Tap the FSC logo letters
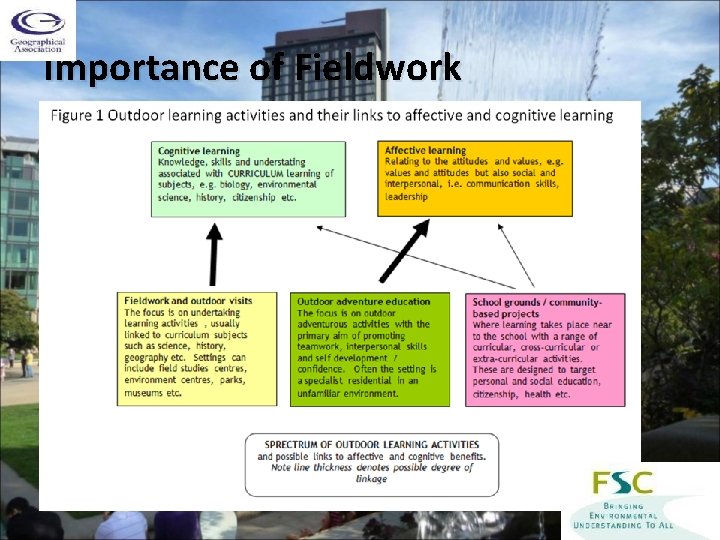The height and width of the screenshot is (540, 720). [623, 483]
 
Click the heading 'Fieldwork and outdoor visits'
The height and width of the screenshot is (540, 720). [188, 300]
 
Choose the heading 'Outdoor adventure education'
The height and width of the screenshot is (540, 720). [363, 301]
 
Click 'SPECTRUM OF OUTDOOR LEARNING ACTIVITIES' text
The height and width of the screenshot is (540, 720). [371, 444]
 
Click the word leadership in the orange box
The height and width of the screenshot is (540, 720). [406, 196]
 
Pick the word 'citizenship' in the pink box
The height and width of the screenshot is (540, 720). [496, 394]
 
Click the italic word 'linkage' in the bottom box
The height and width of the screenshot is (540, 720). [371, 479]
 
